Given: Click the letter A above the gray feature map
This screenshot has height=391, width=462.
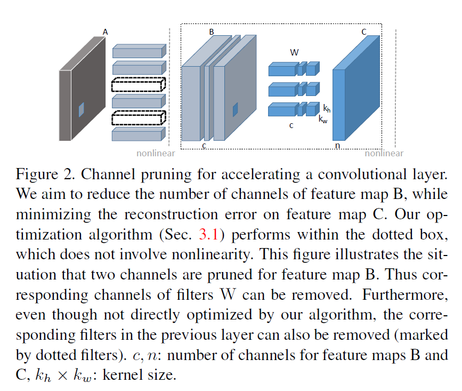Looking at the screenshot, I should [105, 32].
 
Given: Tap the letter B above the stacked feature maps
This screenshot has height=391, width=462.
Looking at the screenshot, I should [212, 32].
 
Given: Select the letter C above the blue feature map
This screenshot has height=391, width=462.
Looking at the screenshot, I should [364, 32].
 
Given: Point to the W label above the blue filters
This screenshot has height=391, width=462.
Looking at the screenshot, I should [294, 52].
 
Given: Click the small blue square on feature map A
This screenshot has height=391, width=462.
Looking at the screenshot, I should [82, 109].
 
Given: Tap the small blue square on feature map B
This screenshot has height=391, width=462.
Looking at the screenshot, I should [235, 110].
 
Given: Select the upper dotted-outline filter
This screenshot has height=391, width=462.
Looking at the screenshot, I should [139, 85].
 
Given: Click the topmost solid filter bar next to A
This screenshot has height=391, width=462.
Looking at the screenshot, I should [139, 51].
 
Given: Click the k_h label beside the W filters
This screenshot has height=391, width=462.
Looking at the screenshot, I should [327, 108].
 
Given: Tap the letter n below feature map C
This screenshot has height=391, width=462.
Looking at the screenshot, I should [337, 145].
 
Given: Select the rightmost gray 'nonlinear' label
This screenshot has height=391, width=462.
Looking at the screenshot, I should [384, 154].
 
